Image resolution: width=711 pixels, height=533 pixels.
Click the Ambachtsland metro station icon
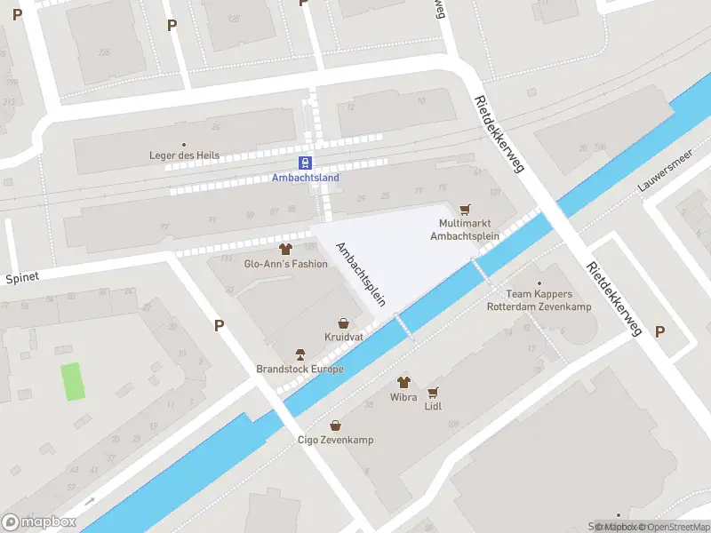(305, 163)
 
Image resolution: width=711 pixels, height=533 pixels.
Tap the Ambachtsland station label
(305, 177)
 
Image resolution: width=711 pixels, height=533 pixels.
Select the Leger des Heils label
(185, 156)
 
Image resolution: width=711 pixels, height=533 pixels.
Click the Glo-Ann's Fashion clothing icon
(285, 249)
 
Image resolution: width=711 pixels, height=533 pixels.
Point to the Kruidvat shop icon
(343, 324)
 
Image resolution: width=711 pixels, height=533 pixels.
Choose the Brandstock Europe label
(300, 369)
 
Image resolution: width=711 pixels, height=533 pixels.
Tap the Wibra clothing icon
(403, 381)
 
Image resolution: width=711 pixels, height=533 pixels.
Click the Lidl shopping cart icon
(434, 392)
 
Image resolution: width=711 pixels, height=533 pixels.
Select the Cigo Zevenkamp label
(335, 440)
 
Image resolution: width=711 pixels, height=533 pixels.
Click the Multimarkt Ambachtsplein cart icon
(464, 210)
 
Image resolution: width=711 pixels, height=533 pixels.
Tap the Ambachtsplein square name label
(360, 274)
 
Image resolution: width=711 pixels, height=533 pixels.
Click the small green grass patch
(74, 381)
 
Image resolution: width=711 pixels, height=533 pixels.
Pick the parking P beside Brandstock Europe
(219, 326)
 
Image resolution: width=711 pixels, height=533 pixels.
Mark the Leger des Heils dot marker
(185, 144)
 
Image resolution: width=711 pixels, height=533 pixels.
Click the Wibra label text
(403, 396)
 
